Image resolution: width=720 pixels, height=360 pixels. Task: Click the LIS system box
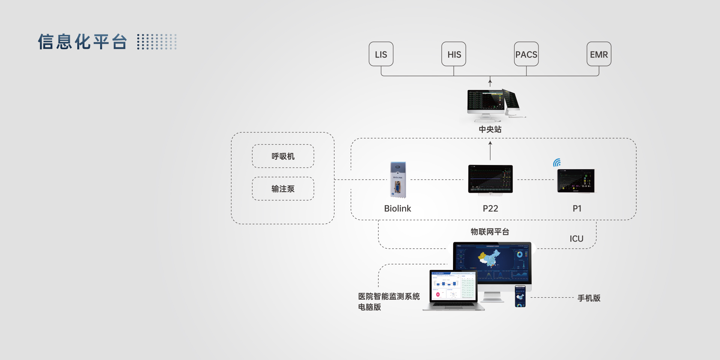point(381,54)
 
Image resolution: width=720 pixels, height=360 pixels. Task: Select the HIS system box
point(454,54)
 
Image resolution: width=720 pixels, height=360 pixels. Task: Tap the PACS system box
point(526,54)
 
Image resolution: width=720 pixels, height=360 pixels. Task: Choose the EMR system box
point(599,54)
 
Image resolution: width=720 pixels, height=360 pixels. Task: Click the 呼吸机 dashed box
point(283,156)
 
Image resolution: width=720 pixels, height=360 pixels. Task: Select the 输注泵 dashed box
point(283,189)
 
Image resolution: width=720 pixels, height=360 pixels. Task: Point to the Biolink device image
point(398,180)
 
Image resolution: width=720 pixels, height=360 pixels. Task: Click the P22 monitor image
point(490,180)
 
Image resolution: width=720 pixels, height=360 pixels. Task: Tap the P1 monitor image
point(576,180)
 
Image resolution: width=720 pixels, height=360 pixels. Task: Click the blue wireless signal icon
point(557,162)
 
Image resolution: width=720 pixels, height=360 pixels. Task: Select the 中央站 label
point(490,129)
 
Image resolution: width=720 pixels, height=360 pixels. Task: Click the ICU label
point(576,239)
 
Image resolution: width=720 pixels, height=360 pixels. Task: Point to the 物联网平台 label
point(490,232)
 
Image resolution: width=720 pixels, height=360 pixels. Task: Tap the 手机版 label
point(589,298)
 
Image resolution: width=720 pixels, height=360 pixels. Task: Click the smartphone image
point(520,296)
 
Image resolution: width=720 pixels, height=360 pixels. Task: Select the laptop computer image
point(453,290)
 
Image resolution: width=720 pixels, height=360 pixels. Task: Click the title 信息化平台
point(82,42)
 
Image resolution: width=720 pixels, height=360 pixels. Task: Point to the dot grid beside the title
point(157,42)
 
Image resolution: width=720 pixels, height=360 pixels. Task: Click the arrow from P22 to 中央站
point(490,150)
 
